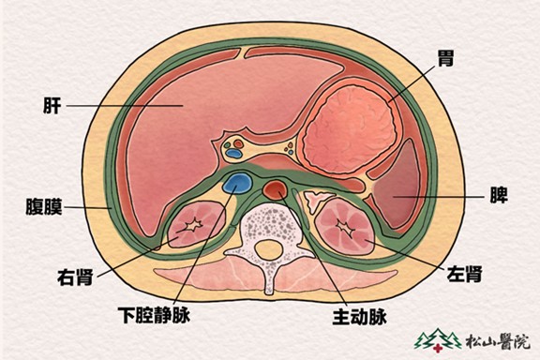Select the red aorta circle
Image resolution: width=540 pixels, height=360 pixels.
275,190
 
